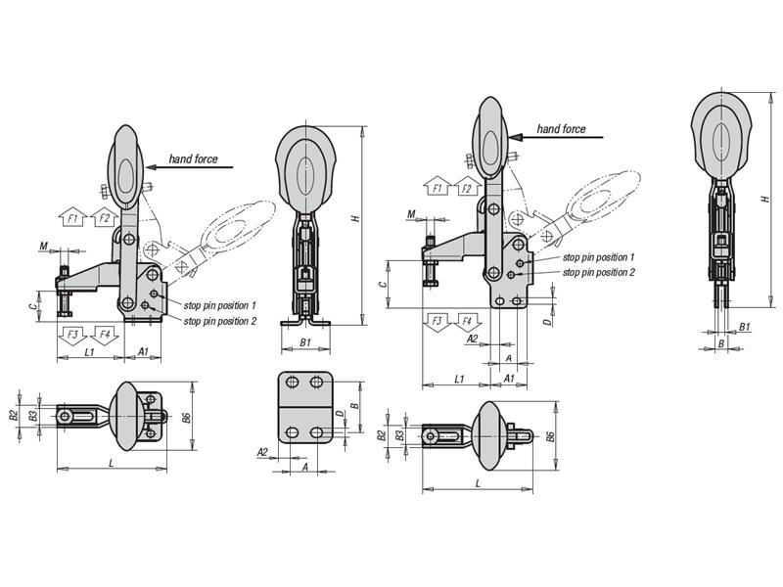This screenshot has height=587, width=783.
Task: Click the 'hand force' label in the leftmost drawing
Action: pyautogui.click(x=193, y=158)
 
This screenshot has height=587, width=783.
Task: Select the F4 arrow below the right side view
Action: pyautogui.click(x=468, y=321)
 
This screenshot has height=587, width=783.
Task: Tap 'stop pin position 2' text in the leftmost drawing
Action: pyautogui.click(x=219, y=320)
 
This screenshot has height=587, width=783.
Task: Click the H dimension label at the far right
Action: pyautogui.click(x=761, y=199)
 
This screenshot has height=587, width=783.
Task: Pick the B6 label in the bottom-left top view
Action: pyautogui.click(x=186, y=418)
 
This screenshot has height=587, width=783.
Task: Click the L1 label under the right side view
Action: pyautogui.click(x=459, y=378)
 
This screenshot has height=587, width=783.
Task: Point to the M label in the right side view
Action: pyautogui.click(x=410, y=215)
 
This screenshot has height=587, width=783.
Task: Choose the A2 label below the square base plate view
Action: pyautogui.click(x=262, y=451)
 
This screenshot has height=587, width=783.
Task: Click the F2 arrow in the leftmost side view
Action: pyautogui.click(x=103, y=218)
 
